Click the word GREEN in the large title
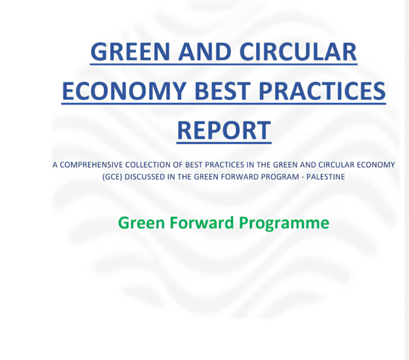(130, 52)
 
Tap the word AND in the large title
(204, 52)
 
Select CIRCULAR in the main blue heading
(298, 52)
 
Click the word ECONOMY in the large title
(124, 91)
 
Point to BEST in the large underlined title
(223, 91)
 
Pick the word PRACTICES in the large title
(322, 91)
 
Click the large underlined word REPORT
(224, 130)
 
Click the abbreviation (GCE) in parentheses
(112, 177)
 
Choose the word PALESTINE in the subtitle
(325, 177)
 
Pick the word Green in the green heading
(142, 223)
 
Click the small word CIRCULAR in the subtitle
(337, 165)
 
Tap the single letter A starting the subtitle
(55, 165)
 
